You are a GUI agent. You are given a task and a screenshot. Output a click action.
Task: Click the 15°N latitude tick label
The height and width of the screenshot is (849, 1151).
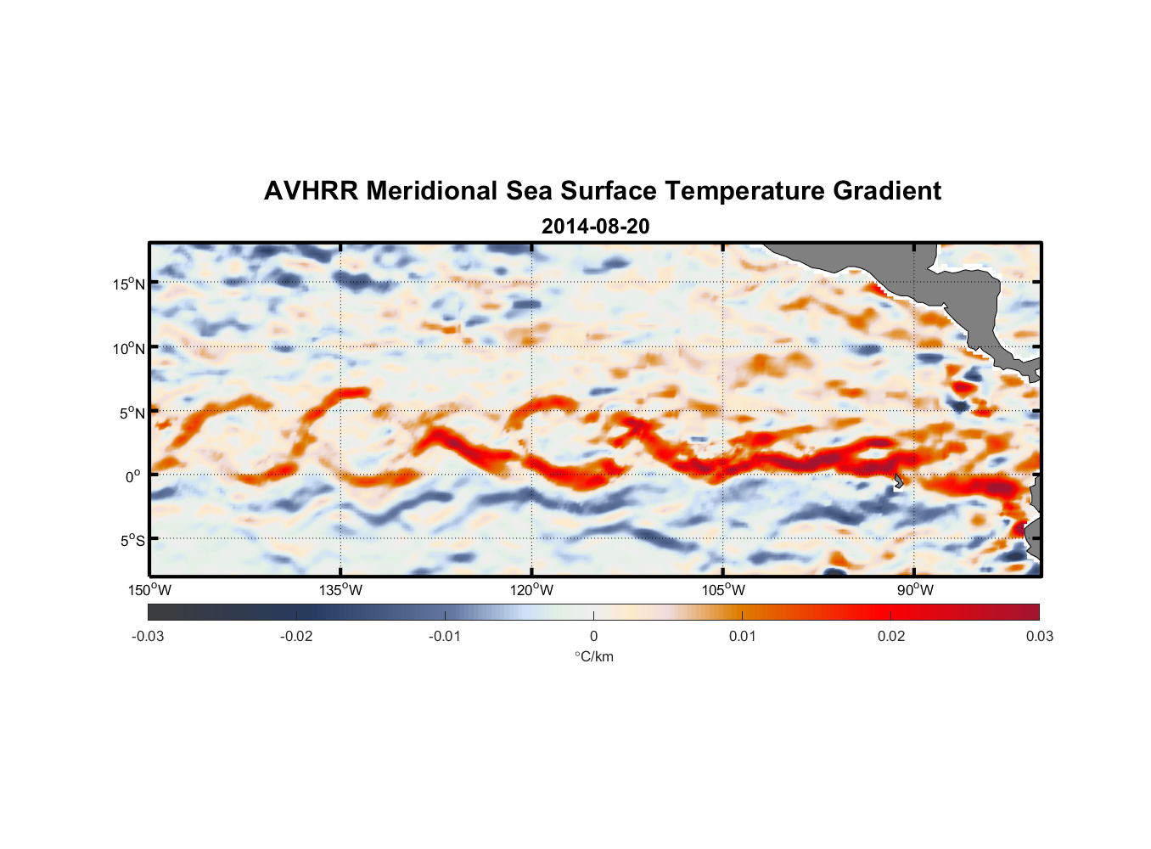[129, 284]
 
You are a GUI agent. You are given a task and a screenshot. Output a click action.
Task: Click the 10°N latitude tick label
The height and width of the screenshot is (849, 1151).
[129, 348]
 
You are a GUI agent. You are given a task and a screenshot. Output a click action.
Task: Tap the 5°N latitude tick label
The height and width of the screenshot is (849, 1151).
[132, 413]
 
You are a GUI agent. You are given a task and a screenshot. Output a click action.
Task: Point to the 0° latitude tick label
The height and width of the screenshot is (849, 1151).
[133, 476]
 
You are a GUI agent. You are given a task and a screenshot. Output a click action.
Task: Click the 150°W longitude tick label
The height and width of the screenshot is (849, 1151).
[149, 590]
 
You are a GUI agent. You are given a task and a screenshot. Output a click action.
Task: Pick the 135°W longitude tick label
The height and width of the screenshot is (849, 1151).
[340, 590]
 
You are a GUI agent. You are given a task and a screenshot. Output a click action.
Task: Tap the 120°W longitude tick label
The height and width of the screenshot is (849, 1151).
[531, 590]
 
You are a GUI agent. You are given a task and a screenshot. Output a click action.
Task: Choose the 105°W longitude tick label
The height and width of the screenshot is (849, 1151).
[723, 590]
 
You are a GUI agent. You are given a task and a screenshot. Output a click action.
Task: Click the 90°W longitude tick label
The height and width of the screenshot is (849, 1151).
[915, 590]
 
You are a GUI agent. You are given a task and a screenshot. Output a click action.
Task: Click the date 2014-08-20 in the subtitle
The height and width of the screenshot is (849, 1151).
[595, 227]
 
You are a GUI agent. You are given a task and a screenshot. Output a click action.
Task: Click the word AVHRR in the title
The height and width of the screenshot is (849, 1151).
[311, 191]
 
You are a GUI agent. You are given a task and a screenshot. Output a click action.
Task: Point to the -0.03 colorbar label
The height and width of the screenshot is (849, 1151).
[148, 636]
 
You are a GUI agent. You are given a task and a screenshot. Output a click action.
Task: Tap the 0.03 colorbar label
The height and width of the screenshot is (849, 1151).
[1039, 636]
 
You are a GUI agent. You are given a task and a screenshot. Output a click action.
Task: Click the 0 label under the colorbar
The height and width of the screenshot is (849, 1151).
[593, 636]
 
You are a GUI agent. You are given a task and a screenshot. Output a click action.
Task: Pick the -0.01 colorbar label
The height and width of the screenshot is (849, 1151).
[445, 636]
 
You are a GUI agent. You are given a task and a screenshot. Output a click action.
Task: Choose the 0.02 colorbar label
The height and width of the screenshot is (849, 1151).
[890, 636]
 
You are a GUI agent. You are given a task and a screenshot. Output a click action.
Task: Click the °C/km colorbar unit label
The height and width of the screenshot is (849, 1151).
[593, 656]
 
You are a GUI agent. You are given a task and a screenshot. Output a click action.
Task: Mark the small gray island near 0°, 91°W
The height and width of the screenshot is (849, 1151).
[899, 481]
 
